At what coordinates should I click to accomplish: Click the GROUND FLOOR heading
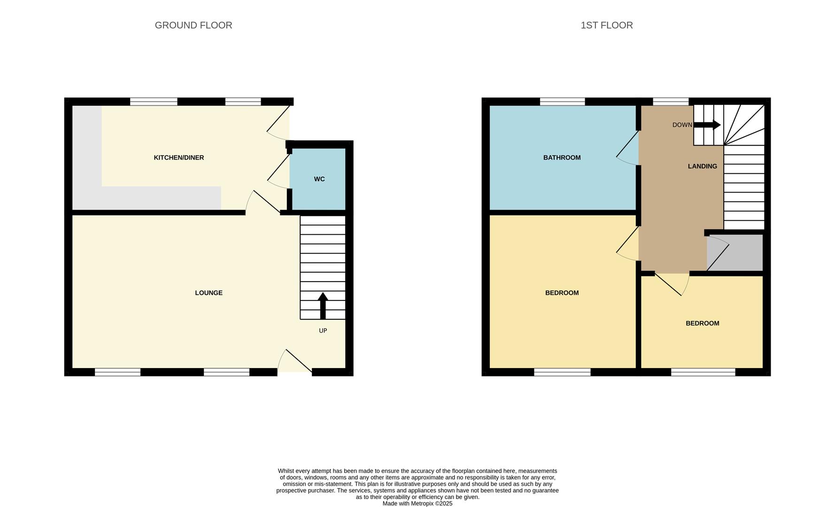tap(193, 25)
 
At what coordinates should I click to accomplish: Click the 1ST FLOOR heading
tap(606, 25)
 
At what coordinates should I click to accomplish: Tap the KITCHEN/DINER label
tap(178, 158)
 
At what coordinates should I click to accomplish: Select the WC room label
tap(319, 179)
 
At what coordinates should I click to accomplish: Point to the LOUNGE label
tap(209, 293)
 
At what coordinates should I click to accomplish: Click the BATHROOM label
tap(562, 158)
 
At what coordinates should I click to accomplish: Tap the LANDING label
tap(702, 166)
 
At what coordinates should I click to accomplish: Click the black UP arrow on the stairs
tap(323, 305)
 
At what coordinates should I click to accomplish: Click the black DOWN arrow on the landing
tap(707, 125)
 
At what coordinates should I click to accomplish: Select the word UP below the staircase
tap(323, 331)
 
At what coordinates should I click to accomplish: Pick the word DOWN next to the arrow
tap(682, 125)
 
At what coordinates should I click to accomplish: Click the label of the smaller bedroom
tap(702, 323)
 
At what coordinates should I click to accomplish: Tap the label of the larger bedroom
tap(562, 293)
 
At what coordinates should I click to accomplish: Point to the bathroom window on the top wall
tap(562, 101)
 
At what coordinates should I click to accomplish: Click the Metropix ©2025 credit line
tap(417, 504)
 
